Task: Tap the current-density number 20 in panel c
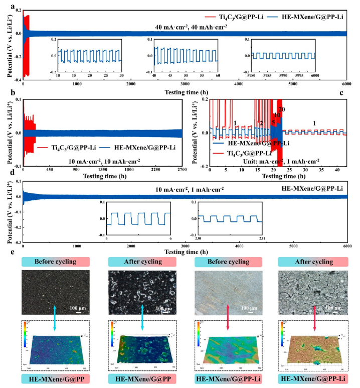click(x=281, y=109)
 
